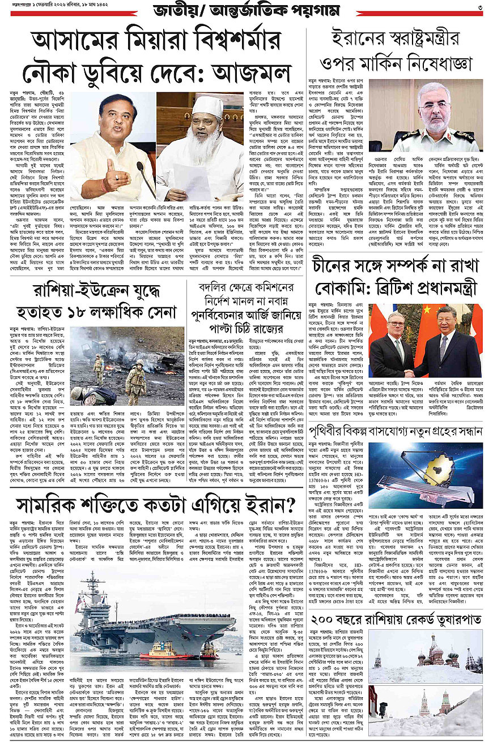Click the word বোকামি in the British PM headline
pos(335,288)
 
